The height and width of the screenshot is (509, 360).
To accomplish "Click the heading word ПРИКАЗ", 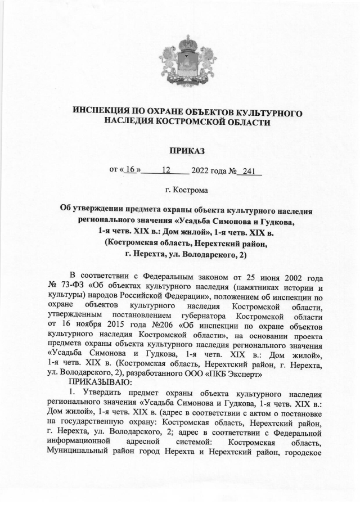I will [x=180, y=150].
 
